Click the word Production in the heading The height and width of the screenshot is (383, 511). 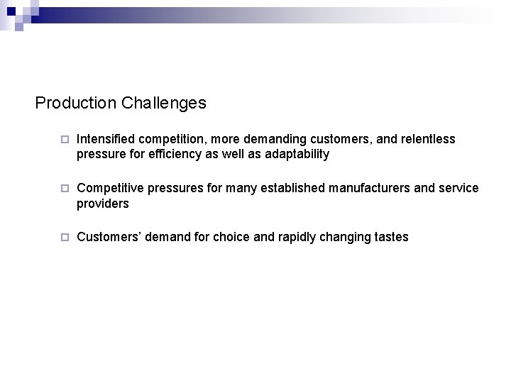76,103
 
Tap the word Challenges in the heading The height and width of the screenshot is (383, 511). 164,103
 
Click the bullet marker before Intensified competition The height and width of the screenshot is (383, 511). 63,140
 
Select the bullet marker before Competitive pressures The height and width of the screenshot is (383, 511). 63,189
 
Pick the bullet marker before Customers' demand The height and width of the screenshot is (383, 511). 63,238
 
